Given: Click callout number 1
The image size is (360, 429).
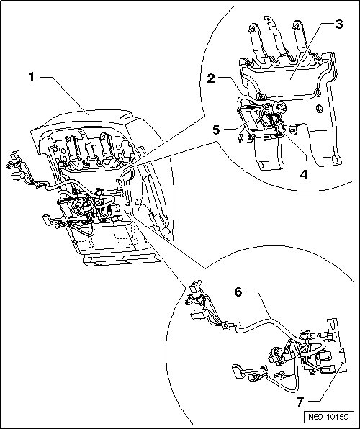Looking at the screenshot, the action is click(x=32, y=77).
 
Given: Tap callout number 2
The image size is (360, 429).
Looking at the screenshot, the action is click(x=211, y=78).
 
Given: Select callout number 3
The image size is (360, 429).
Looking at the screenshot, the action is click(x=338, y=24).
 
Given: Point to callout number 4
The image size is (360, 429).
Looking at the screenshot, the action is click(x=304, y=174).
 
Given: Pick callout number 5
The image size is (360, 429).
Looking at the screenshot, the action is click(x=216, y=130).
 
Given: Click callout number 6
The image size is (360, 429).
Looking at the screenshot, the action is click(x=238, y=292).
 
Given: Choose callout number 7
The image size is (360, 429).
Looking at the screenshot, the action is click(x=300, y=402).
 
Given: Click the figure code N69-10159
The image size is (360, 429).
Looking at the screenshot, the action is click(x=328, y=417).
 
